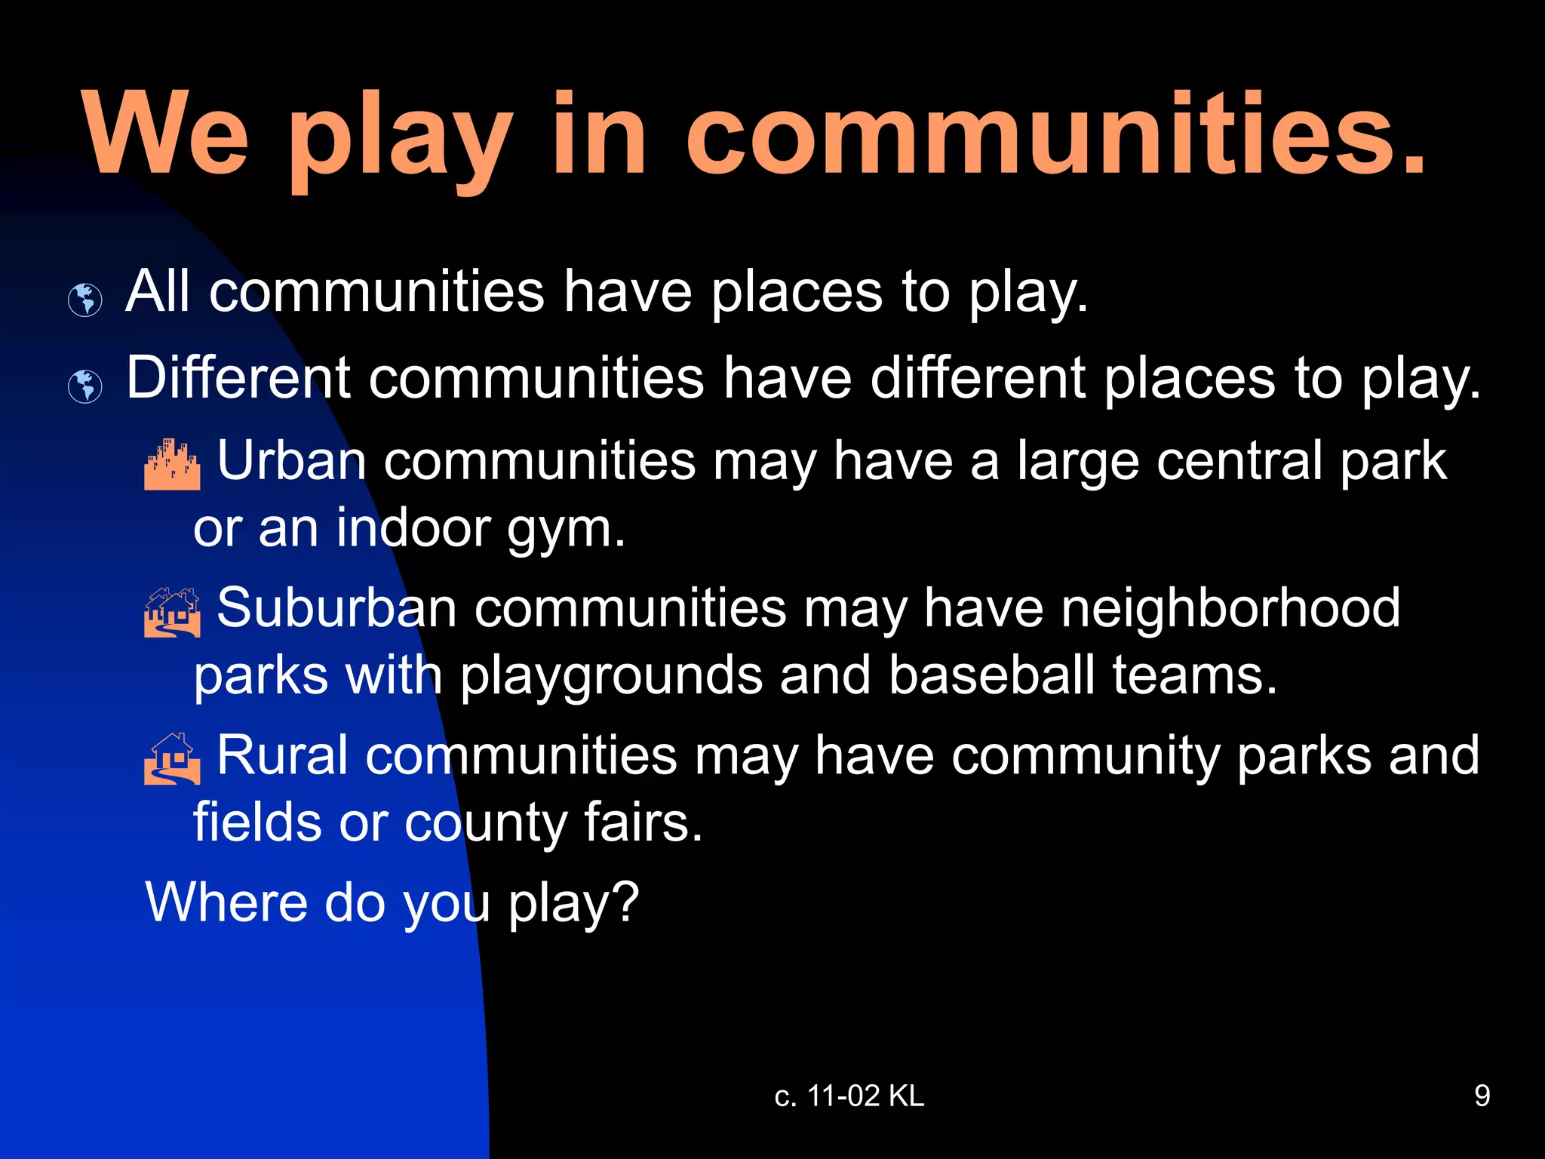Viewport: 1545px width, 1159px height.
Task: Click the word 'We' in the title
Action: coord(166,136)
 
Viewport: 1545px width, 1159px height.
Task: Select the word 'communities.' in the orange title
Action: coord(1056,136)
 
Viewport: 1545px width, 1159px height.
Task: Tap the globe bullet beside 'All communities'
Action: coord(85,300)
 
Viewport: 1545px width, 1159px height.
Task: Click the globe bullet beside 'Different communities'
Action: coord(85,386)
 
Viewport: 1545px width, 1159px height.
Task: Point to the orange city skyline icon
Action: coord(172,464)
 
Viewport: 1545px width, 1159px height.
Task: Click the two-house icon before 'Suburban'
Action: coord(172,612)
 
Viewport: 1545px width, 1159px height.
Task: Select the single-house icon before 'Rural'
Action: coord(172,758)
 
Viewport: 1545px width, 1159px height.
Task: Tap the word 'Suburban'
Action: coord(336,607)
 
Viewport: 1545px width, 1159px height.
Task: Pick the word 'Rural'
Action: coord(283,755)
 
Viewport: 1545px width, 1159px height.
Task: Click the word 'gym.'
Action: coord(566,530)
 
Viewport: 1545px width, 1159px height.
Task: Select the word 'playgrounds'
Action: coord(611,676)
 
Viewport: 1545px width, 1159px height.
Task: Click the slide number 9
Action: coord(1482,1096)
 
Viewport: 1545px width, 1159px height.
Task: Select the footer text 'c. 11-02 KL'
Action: coord(849,1096)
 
